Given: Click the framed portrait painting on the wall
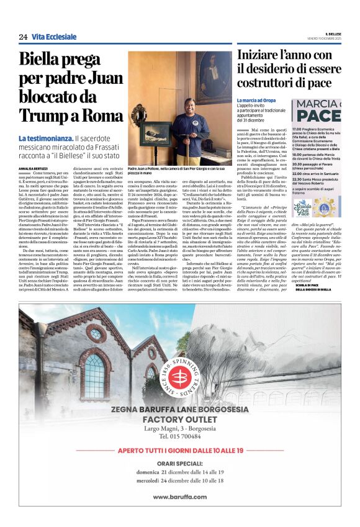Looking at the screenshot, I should click(214, 78).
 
